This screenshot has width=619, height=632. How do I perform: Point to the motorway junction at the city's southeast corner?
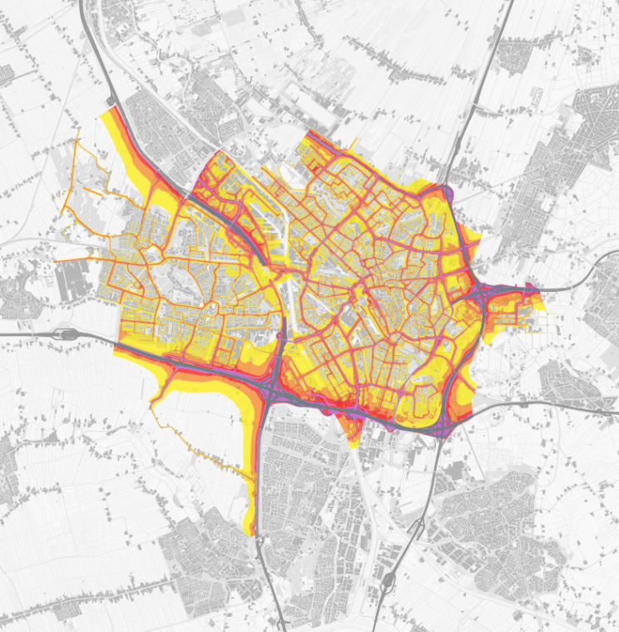coord(443,422)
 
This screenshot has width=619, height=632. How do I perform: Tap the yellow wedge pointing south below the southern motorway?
coord(353,432)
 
